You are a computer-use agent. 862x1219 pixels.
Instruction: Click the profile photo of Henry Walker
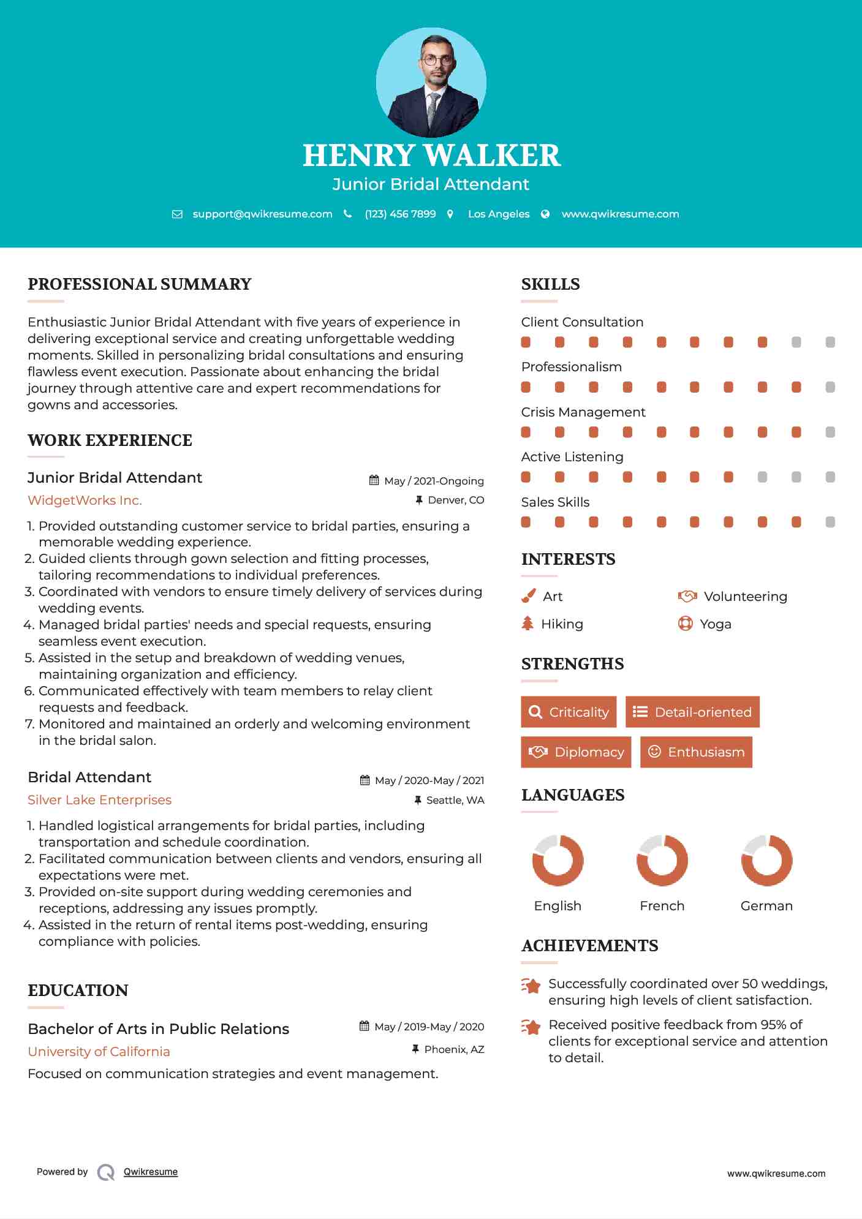(x=431, y=82)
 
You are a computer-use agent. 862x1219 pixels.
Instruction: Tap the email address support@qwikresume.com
(x=262, y=214)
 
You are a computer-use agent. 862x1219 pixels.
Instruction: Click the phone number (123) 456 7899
(x=400, y=214)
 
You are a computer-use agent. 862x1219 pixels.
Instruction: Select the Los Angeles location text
(x=499, y=214)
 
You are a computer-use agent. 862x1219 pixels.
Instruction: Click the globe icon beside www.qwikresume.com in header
(x=545, y=214)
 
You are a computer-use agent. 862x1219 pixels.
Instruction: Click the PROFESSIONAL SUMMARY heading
(x=140, y=284)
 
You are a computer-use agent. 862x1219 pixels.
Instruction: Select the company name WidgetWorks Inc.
(x=85, y=500)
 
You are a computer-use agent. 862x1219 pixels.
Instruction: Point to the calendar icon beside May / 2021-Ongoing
(x=374, y=481)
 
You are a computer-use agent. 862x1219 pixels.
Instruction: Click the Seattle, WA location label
(x=455, y=800)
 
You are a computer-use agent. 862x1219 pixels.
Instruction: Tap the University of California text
(x=99, y=1052)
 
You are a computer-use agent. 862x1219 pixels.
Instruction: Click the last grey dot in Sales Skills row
(x=830, y=522)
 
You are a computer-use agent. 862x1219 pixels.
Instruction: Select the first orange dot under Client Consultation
(x=526, y=342)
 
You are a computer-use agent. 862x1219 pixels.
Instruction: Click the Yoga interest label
(x=716, y=624)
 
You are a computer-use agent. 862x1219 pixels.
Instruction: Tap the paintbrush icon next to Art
(x=528, y=596)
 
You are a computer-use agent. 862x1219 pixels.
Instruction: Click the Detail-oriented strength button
(x=692, y=712)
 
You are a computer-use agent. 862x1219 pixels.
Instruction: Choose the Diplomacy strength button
(x=576, y=752)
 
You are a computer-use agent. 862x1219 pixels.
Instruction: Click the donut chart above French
(x=662, y=860)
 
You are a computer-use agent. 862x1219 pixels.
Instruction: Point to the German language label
(x=766, y=906)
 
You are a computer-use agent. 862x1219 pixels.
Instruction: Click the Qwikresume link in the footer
(x=151, y=1172)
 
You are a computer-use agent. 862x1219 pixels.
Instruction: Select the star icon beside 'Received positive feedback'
(x=531, y=1027)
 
